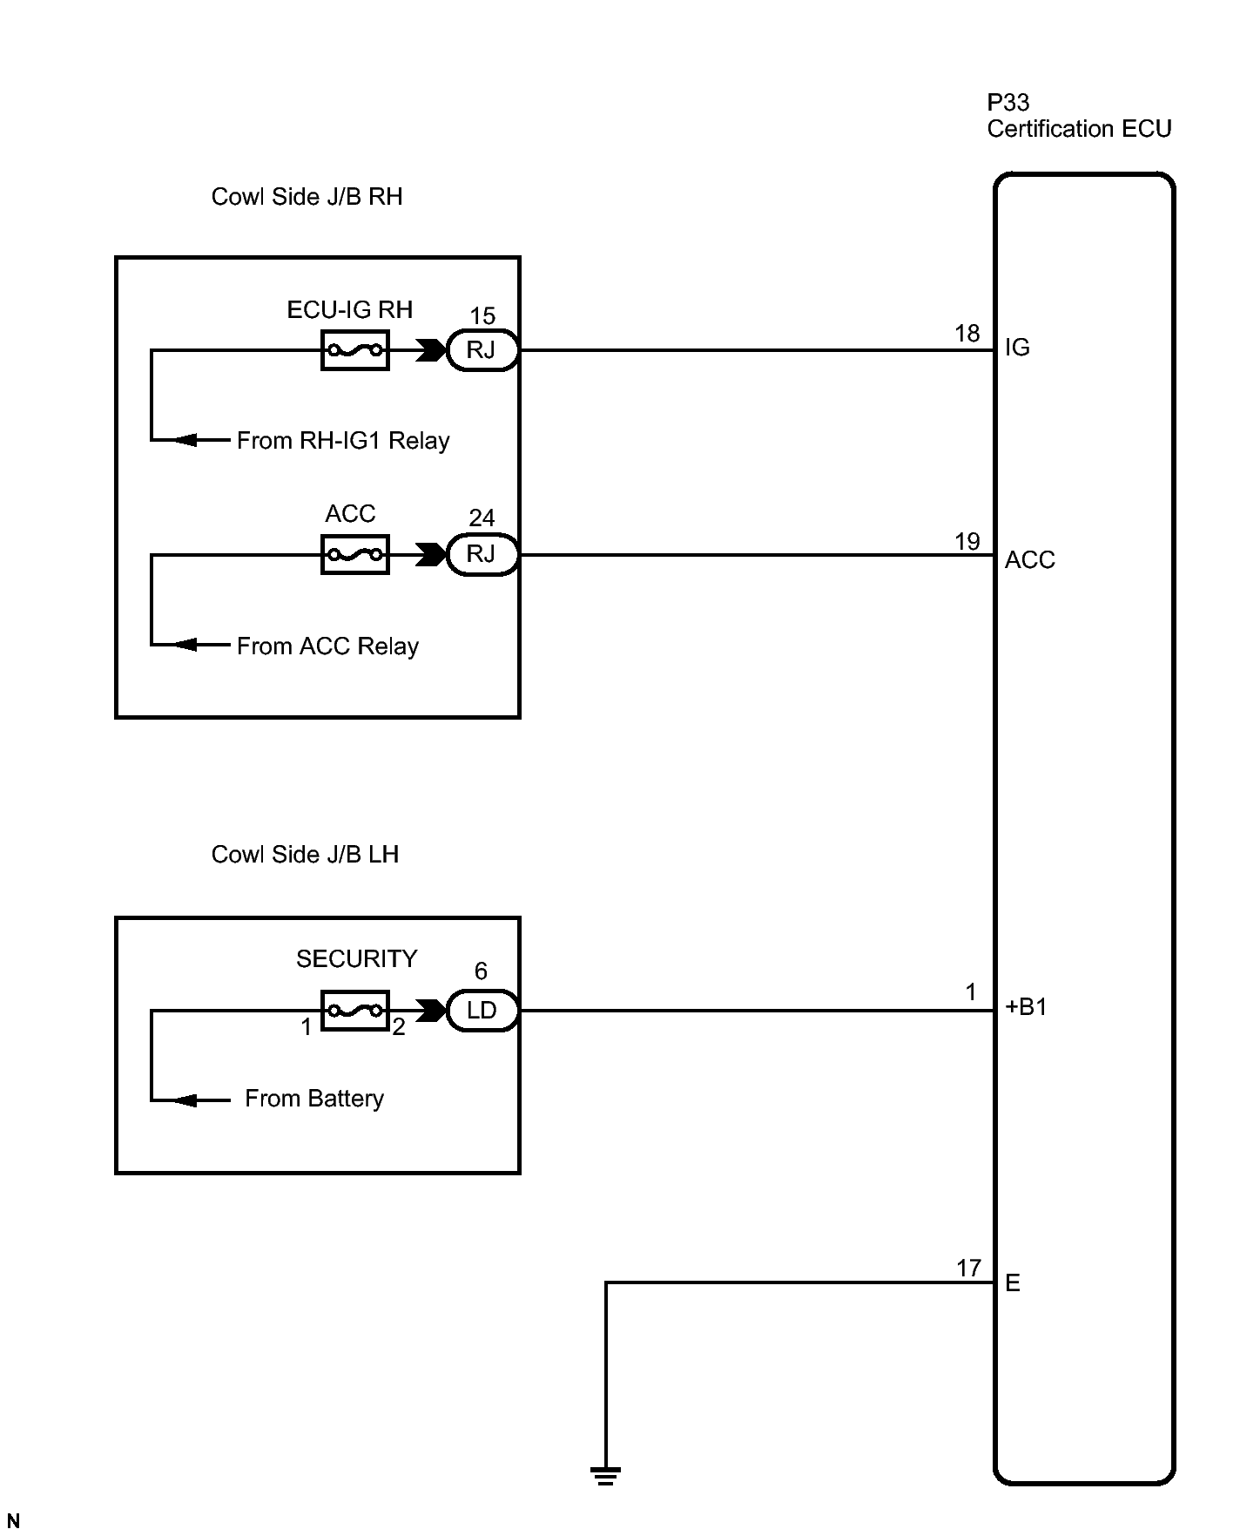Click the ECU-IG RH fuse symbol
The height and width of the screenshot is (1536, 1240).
[354, 350]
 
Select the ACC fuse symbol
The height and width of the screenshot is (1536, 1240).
[354, 554]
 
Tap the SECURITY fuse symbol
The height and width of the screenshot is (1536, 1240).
[354, 1011]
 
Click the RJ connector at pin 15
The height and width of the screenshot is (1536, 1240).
[482, 350]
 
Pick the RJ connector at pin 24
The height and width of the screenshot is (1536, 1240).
[482, 554]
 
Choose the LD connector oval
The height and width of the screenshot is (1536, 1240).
[482, 1011]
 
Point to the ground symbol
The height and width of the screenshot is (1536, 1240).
[605, 1476]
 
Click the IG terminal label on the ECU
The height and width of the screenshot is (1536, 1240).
[1017, 348]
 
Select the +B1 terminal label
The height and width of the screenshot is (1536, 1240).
[1026, 1007]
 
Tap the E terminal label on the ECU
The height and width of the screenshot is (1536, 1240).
[1013, 1283]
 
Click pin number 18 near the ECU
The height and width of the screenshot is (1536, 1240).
[967, 334]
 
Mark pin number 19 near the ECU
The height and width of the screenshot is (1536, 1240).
[967, 542]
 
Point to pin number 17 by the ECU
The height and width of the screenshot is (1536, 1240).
[968, 1269]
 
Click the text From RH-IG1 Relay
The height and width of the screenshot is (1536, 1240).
[343, 441]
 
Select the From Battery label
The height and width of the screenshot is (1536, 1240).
[314, 1099]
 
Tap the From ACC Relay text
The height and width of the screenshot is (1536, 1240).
[327, 646]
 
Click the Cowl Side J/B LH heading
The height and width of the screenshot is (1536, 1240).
[305, 855]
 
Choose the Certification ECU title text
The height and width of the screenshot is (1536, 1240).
[1079, 129]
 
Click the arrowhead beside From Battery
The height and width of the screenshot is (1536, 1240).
[185, 1100]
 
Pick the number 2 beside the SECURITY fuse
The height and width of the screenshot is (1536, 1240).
[399, 1028]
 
